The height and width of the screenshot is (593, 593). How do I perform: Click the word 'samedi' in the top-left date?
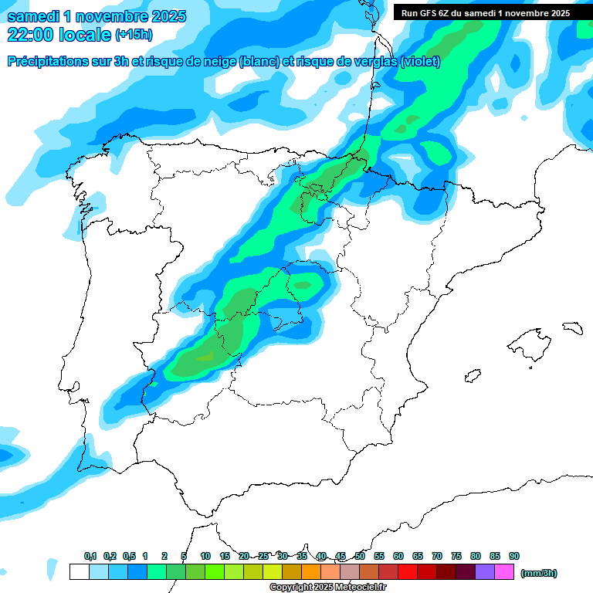pos(34,16)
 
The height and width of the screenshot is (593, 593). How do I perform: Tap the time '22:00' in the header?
pos(31,35)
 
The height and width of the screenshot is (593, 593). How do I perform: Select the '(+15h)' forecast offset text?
pos(134,35)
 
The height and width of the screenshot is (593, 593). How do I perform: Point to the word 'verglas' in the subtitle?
pos(371,62)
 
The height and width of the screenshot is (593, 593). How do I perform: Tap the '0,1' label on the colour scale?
pos(90,556)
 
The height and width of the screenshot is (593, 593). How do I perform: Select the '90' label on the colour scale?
pos(514,556)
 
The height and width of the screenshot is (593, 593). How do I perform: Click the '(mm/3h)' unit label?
pos(539,573)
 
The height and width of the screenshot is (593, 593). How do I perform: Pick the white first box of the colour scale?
pos(79,572)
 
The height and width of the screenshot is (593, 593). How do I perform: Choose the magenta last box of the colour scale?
pos(504,572)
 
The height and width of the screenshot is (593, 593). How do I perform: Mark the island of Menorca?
pos(572,327)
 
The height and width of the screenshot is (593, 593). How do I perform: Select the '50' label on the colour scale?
pos(360,556)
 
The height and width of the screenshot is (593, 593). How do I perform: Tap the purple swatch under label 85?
pos(485,572)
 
